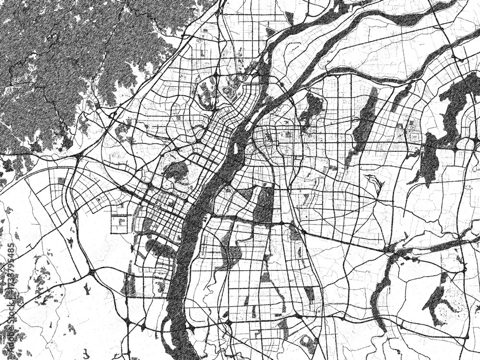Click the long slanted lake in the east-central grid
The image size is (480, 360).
pos(365,120)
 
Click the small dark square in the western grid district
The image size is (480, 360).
pos(61,181)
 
